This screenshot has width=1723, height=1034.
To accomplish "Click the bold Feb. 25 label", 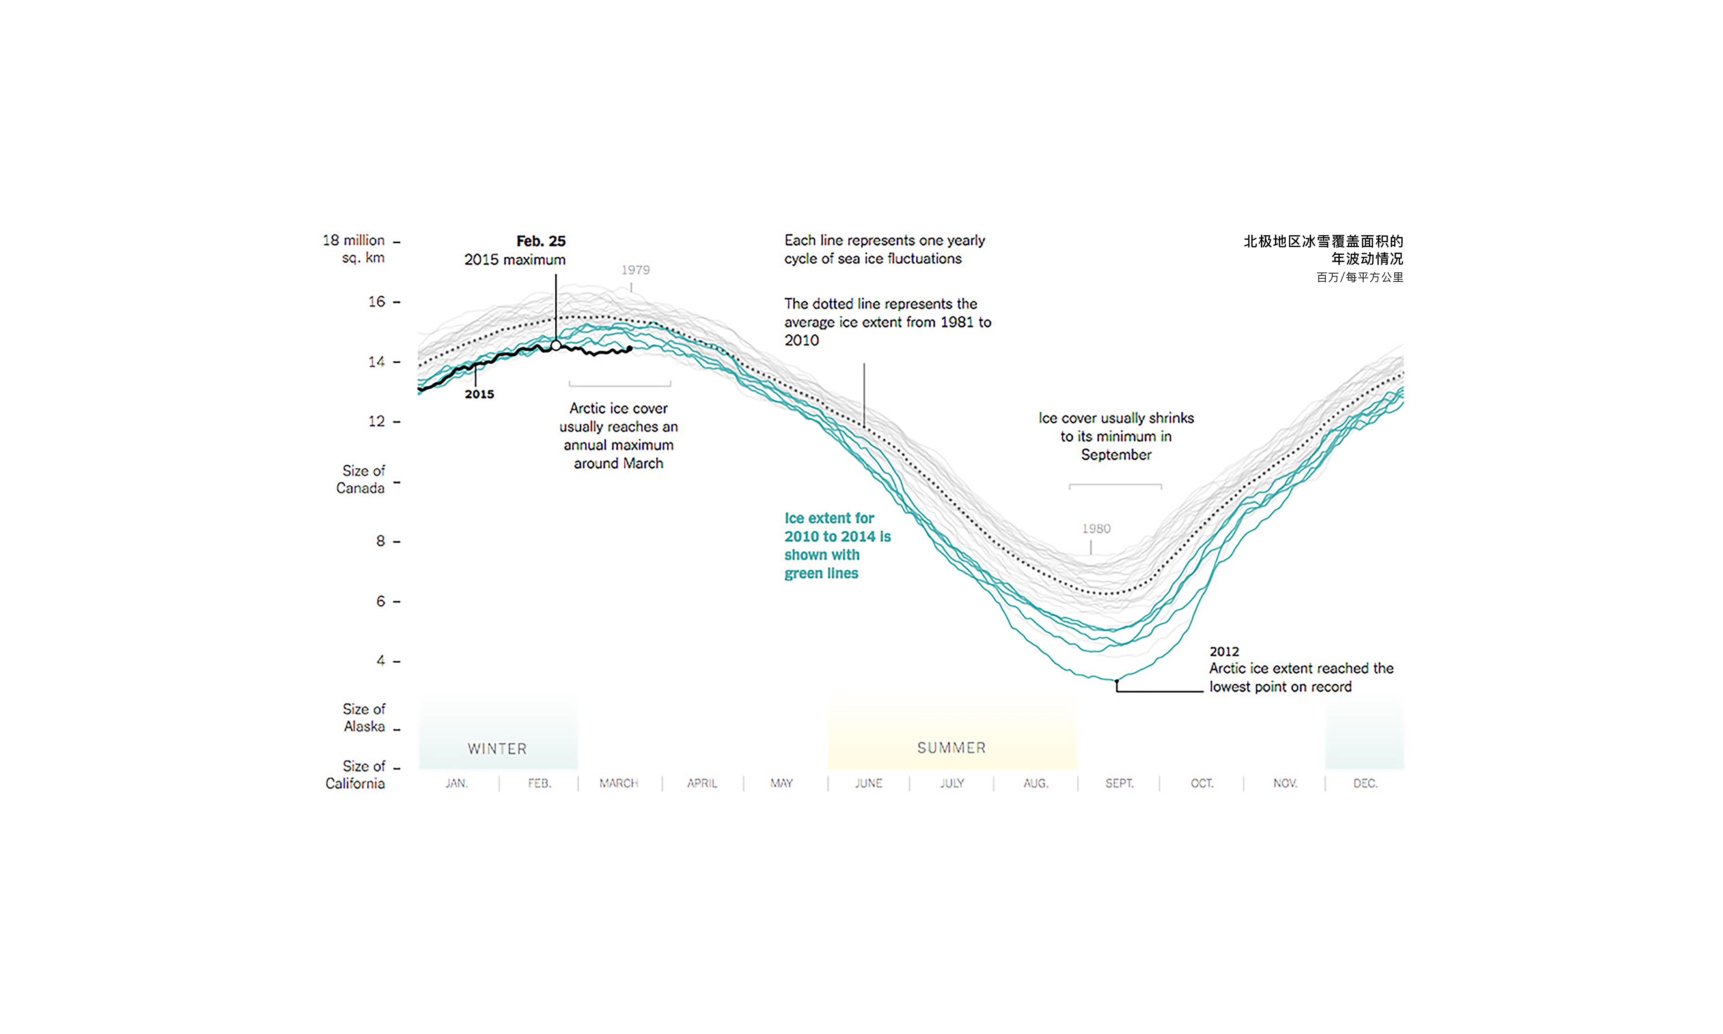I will click(541, 241).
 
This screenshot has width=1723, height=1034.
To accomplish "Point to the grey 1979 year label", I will click(635, 270).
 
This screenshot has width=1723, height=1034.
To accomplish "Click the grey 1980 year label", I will click(1096, 529).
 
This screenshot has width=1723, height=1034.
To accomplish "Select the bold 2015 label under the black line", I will click(479, 394).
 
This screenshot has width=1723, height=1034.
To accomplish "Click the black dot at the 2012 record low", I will click(1116, 681).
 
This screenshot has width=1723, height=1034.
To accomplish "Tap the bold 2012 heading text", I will click(1224, 652).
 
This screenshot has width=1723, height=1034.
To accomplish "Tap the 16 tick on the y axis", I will click(377, 302).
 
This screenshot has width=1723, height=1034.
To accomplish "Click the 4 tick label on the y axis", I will click(381, 660).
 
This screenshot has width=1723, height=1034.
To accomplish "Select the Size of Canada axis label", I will click(361, 479).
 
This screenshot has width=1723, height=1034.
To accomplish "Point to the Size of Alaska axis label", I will click(364, 718).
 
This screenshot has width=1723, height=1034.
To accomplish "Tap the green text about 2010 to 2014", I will click(837, 546).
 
